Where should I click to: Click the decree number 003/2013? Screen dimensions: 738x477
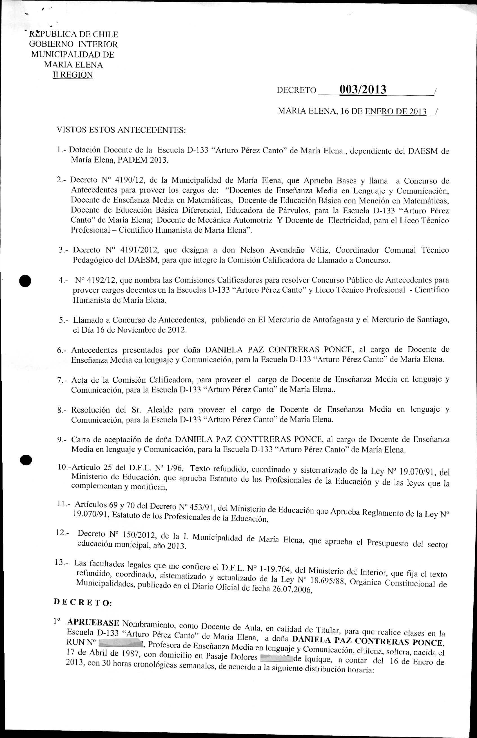tap(363, 89)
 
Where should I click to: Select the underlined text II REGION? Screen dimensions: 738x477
tap(73, 75)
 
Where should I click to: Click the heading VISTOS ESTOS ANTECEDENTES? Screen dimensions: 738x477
tap(121, 130)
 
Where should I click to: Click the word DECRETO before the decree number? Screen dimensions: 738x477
tap(296, 90)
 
